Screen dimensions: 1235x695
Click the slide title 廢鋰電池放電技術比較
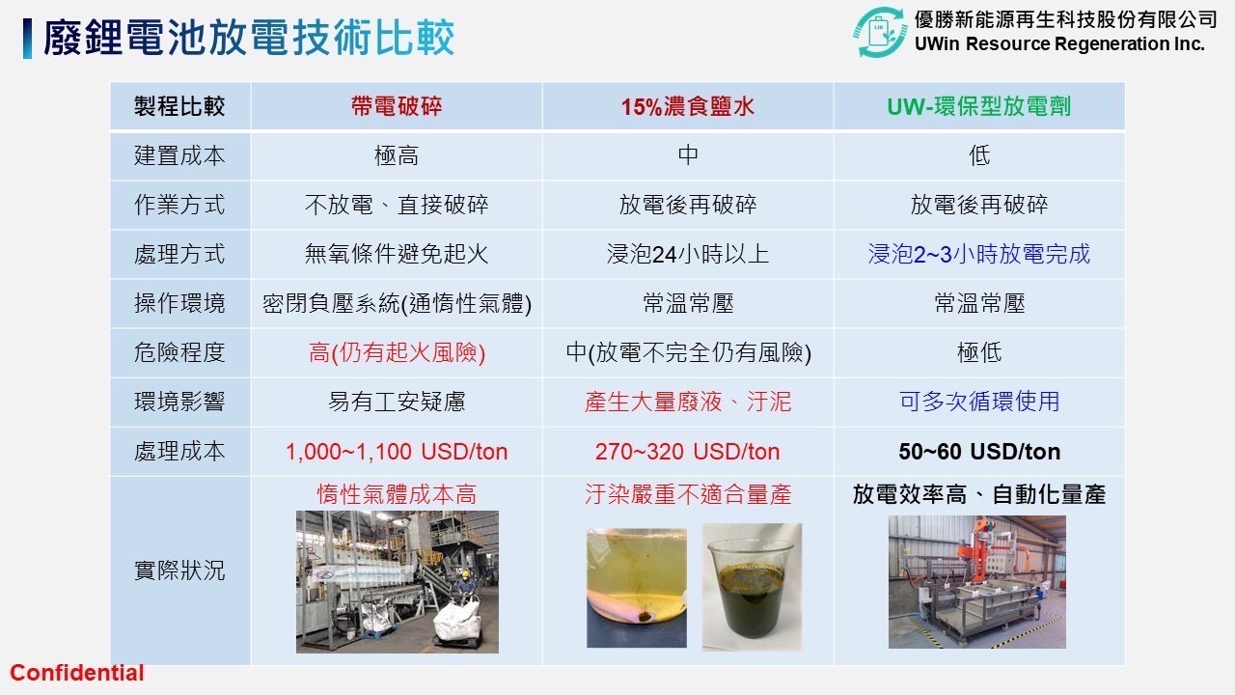point(249,38)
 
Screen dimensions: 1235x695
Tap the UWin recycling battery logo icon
point(879,32)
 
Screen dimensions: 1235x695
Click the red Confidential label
point(77,673)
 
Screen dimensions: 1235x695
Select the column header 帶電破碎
point(397,106)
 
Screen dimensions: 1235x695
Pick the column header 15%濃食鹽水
point(688,106)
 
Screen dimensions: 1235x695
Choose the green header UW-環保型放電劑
point(978,106)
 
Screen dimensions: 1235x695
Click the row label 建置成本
point(179,155)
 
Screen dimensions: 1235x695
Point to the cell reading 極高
point(397,155)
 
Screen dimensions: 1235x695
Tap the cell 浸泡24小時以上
point(688,254)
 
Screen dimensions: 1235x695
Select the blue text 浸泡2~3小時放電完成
point(979,254)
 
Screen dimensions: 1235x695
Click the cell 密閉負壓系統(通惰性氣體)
point(397,303)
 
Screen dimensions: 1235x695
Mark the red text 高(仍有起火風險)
point(397,352)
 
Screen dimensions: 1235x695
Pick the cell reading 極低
point(979,352)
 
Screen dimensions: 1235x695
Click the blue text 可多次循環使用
point(979,402)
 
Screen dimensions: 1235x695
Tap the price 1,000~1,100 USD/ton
point(397,452)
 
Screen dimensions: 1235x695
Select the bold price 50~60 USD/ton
point(979,452)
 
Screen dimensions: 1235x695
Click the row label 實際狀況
point(179,570)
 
